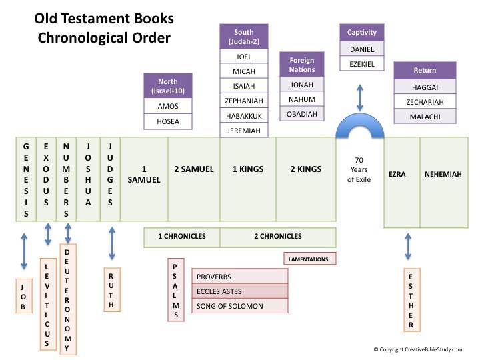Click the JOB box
pyautogui.click(x=23, y=296)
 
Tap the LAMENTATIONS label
pyautogui.click(x=309, y=258)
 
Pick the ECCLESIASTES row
pyautogui.click(x=239, y=291)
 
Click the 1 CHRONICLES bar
pyautogui.click(x=182, y=236)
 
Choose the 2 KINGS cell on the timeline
pyautogui.click(x=305, y=169)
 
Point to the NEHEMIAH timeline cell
pyautogui.click(x=444, y=175)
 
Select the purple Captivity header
pyautogui.click(x=362, y=32)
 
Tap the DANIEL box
pyautogui.click(x=362, y=49)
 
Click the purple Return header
pyautogui.click(x=425, y=71)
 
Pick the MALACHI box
pyautogui.click(x=425, y=117)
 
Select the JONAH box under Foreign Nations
pyautogui.click(x=302, y=85)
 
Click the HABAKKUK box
pyautogui.click(x=244, y=115)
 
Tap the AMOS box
pyautogui.click(x=168, y=106)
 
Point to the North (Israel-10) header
pyautogui.click(x=168, y=85)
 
